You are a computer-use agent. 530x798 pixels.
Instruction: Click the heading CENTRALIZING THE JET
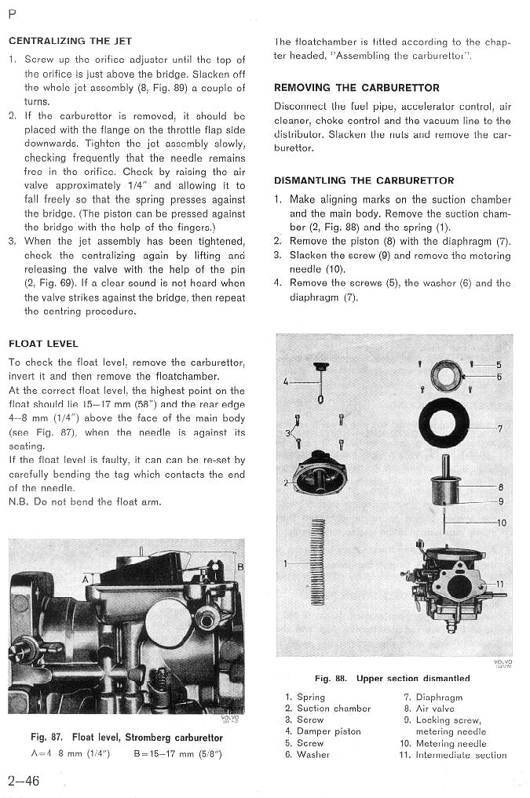tap(70, 41)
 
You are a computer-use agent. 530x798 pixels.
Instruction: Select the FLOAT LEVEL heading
tap(43, 344)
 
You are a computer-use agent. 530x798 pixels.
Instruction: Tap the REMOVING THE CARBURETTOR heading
tap(349, 88)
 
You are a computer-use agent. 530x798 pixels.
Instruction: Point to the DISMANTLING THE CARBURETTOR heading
tap(364, 180)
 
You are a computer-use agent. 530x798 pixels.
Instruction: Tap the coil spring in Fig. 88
tap(318, 562)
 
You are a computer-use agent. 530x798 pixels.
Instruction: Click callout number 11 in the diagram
tap(500, 583)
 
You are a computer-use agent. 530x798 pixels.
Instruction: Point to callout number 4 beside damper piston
tap(287, 382)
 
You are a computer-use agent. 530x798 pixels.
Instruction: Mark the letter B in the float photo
tap(240, 566)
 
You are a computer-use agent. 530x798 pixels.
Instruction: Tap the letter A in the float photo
tap(85, 579)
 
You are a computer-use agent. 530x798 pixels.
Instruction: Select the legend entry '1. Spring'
tap(305, 697)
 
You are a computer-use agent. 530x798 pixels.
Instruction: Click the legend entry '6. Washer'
tap(308, 755)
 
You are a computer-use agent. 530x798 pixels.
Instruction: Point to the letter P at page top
tap(13, 13)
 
